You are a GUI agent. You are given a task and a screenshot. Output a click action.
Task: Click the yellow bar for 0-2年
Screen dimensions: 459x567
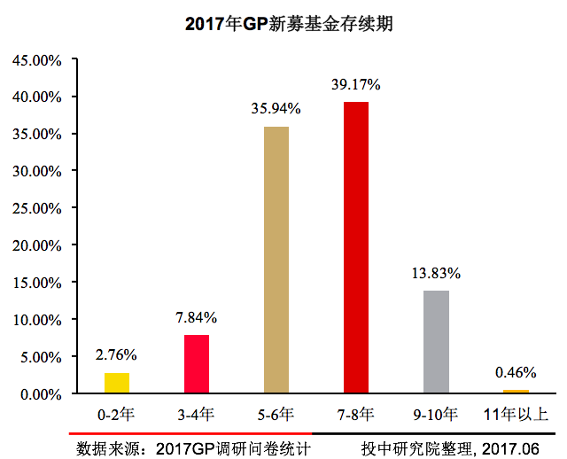[x=117, y=383]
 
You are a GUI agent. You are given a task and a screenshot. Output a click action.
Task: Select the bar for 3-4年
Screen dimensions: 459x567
[x=197, y=364]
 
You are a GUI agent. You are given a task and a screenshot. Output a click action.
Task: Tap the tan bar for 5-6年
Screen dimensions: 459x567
[x=276, y=260]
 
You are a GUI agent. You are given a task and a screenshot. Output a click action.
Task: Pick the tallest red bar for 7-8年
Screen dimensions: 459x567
[x=356, y=247]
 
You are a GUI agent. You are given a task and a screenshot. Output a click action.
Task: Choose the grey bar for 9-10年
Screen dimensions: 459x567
[x=436, y=342]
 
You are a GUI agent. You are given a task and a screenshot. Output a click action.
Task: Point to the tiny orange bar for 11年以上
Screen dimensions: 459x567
[x=516, y=391]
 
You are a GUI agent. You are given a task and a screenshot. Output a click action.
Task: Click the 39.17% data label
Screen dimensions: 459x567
[x=356, y=85]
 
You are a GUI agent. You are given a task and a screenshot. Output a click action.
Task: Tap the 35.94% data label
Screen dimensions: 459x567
[x=276, y=109]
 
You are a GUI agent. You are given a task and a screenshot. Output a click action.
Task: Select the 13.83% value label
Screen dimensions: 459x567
[x=436, y=273]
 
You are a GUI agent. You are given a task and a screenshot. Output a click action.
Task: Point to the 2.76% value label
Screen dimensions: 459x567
[x=116, y=355]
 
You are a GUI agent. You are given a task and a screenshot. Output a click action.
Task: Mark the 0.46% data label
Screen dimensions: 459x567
[x=516, y=371]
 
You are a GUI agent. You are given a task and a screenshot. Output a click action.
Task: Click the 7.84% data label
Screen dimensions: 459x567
[x=197, y=317]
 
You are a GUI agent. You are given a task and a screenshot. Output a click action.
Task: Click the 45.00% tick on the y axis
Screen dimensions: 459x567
[x=36, y=60]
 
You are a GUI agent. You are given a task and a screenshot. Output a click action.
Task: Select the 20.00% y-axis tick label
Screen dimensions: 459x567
[x=36, y=245]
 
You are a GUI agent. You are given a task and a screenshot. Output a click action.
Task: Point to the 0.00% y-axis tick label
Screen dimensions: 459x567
[x=40, y=393]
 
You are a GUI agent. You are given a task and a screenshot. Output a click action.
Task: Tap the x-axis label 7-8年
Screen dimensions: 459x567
[x=356, y=414]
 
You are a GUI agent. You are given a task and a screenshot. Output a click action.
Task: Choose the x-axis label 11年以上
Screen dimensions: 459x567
[x=516, y=414]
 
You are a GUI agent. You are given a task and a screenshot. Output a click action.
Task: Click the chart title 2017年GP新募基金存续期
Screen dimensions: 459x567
[x=288, y=24]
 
